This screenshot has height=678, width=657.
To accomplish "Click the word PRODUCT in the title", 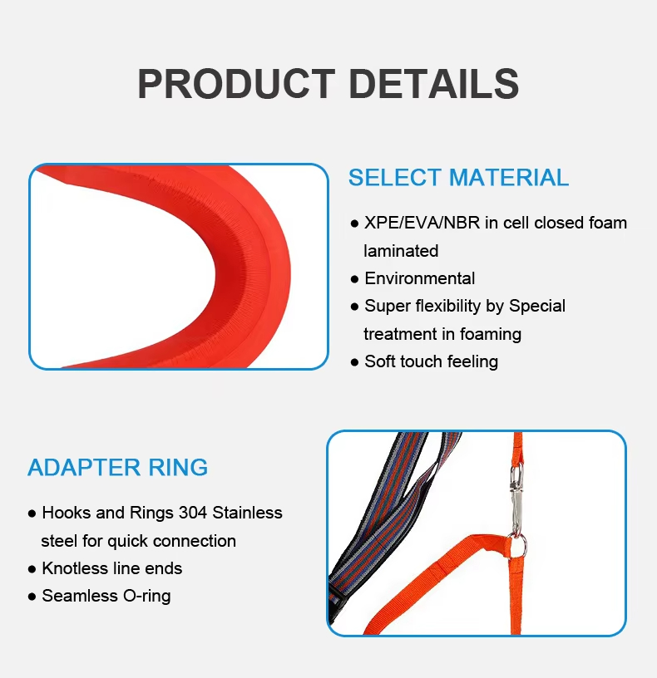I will pos(236,84).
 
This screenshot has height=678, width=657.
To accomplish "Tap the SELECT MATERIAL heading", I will pos(458,178).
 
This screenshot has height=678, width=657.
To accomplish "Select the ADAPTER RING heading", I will pos(117,467).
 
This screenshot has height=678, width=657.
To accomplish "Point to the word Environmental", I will pos(420,278).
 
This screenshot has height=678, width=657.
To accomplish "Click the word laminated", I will pos(401,250).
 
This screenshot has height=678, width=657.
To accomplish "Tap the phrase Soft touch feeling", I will pos(431,361).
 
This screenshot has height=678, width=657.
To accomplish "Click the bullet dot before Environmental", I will pos(354,279).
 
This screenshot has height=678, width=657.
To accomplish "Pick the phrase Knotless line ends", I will pos(111,568).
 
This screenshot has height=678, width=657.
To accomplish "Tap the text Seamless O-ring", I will pos(106,596).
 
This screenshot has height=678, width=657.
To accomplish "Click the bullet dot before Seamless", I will pos(32,597).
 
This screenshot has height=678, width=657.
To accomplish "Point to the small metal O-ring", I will pos(518,545).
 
